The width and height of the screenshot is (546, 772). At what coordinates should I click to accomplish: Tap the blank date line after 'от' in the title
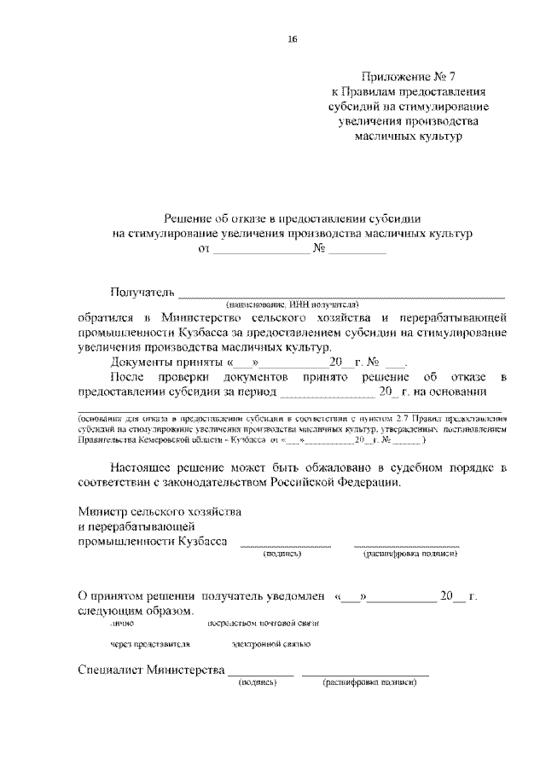click(260, 252)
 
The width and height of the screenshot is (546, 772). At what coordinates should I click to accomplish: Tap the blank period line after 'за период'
click(327, 393)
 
